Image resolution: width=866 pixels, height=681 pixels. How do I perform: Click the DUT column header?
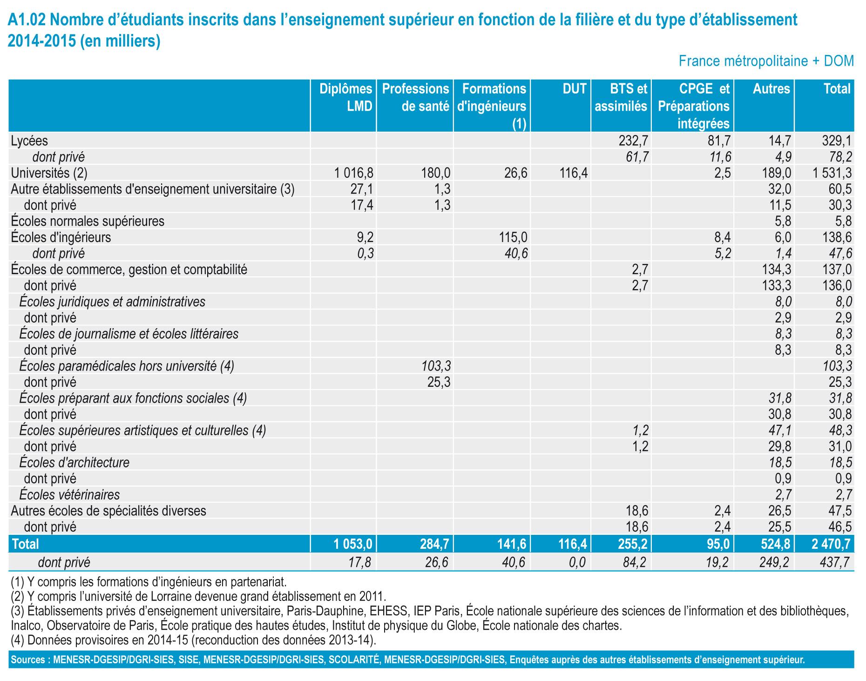tap(574, 89)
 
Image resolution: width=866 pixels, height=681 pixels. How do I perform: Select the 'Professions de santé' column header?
tap(415, 97)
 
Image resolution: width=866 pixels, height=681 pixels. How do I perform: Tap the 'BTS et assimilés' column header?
tap(621, 97)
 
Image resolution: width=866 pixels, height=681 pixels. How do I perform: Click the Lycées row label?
tap(29, 141)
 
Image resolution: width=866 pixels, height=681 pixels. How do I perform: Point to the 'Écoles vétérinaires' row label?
tap(69, 494)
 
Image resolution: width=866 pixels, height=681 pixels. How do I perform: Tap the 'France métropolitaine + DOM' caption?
tap(766, 61)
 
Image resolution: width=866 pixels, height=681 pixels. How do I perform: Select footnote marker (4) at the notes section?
tap(18, 641)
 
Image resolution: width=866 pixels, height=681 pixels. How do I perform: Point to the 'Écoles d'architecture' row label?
tap(74, 463)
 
